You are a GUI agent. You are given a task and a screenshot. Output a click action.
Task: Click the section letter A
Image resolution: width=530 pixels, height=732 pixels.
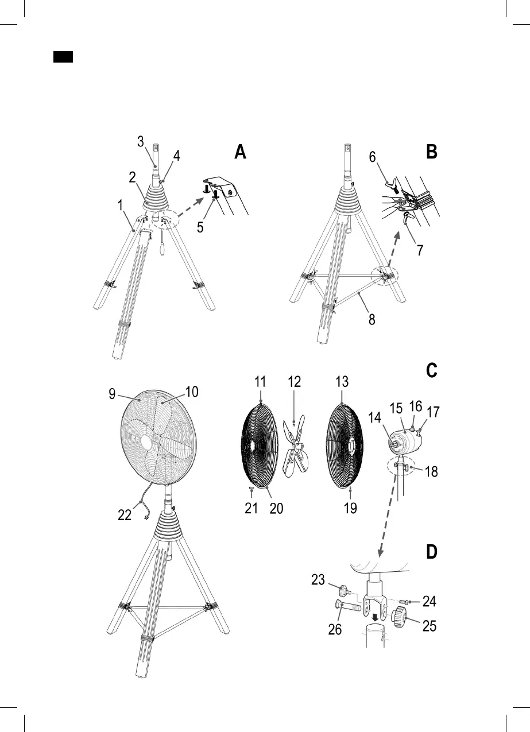pos(240,152)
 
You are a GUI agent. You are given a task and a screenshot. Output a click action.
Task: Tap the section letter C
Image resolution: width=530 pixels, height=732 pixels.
pos(432,370)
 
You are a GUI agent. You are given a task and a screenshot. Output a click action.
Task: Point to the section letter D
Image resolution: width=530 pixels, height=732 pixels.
pos(432,552)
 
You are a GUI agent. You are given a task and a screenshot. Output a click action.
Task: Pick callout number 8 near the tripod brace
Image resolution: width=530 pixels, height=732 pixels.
pos(372,320)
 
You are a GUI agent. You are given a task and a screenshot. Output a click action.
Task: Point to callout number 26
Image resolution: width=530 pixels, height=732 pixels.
pos(335,629)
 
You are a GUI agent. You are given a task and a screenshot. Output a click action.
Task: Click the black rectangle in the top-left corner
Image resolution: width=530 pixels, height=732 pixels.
pos(63,57)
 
